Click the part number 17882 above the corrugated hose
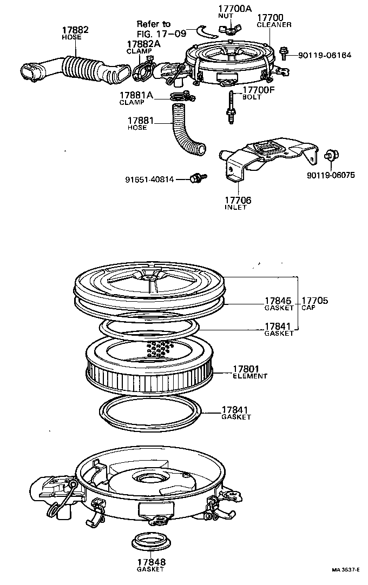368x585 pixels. click(x=76, y=30)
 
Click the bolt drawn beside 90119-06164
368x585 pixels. click(x=284, y=52)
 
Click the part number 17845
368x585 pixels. click(x=278, y=301)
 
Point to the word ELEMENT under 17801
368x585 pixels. click(x=250, y=376)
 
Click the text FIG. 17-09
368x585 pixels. click(x=162, y=32)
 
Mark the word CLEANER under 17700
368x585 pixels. click(x=274, y=25)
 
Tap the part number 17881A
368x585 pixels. click(x=136, y=95)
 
